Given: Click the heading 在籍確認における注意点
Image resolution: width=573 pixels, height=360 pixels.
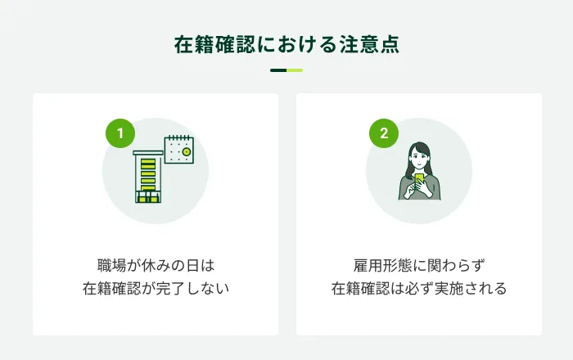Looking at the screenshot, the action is point(286,44).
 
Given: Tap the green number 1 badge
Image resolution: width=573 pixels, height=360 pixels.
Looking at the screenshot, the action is point(120,133).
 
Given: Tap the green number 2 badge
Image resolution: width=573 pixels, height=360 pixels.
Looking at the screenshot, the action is point(384,133).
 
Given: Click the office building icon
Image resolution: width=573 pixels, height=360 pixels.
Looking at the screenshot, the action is point(148,177).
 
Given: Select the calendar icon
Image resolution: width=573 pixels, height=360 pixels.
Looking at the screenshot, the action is point(179,149).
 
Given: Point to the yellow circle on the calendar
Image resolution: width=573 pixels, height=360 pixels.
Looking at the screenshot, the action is point(187,152).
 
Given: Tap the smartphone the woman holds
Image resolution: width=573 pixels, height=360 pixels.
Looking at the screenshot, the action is point(419,180).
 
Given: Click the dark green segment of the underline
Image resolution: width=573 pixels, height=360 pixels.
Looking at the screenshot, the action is point(278,70).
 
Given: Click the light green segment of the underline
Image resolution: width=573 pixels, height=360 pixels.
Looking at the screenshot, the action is point(295,70).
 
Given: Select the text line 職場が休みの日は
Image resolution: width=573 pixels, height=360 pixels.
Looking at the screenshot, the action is point(156,265).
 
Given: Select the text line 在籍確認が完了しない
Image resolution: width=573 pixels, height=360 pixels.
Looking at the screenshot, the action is point(156,289).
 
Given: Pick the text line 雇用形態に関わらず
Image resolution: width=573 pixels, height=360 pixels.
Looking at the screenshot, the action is point(419,265).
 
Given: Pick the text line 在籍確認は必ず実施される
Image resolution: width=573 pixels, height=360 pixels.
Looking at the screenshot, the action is point(419,289).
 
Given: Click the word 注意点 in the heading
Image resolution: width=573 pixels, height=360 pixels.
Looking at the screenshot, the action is point(369,44).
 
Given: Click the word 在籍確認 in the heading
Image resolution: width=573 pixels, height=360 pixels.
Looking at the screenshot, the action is point(214,44).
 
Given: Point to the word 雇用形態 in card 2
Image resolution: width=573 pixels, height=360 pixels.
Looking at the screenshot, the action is point(382,265).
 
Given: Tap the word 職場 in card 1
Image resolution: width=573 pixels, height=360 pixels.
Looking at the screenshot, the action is point(111,265).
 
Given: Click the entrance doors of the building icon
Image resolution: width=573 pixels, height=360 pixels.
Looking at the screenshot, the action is point(148,197).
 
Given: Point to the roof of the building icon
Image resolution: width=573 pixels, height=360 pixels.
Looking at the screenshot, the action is point(148,153).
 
